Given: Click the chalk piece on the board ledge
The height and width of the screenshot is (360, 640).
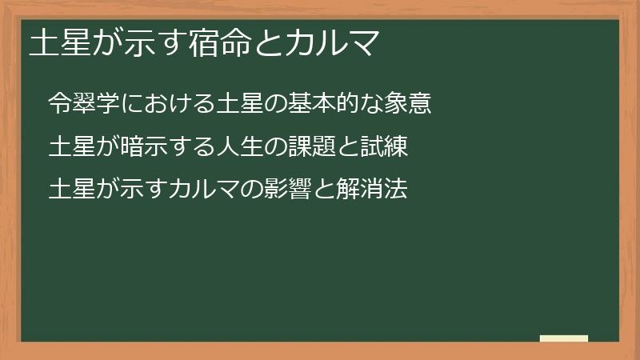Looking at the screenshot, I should pyautogui.click(x=564, y=338).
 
